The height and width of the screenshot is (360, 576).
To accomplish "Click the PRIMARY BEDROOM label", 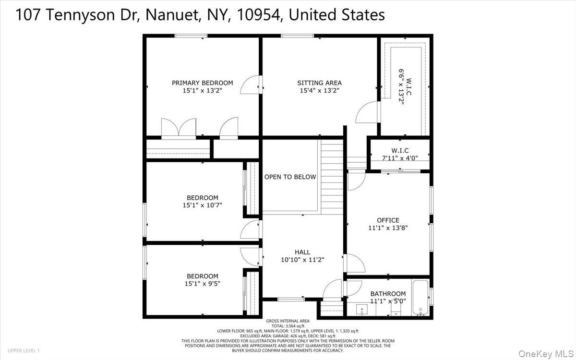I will click(x=202, y=83).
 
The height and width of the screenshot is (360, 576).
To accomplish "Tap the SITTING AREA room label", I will click(x=319, y=83).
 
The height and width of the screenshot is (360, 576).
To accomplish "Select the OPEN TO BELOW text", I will click(x=290, y=177).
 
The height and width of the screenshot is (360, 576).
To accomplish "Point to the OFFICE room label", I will click(x=387, y=220).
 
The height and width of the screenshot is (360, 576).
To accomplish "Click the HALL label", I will click(x=302, y=252).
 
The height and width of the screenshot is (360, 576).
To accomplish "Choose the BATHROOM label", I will click(x=388, y=294).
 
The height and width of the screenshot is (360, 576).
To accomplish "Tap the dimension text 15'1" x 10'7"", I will click(x=202, y=205).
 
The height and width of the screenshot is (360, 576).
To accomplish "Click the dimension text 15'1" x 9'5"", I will click(x=202, y=284).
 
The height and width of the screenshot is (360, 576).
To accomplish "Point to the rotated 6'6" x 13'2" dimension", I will click(x=401, y=87).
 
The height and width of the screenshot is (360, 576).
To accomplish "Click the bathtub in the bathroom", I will click(x=420, y=298).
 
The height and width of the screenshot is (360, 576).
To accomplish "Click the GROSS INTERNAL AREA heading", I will click(x=288, y=321).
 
